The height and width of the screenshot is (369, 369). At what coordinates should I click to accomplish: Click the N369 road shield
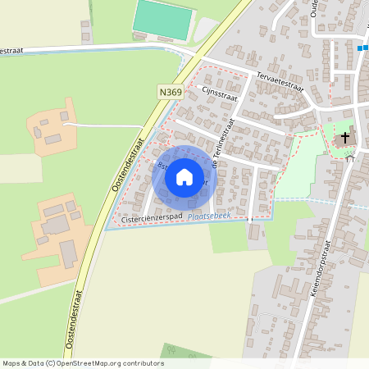(x=170, y=93)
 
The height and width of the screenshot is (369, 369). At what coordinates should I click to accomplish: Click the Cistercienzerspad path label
(x=152, y=219)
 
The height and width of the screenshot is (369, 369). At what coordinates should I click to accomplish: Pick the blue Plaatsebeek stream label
(x=210, y=216)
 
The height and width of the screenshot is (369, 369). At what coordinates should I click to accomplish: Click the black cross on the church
(x=345, y=137)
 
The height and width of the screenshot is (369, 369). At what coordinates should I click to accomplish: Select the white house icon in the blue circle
(x=184, y=177)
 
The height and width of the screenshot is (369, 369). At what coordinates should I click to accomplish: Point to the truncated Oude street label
(x=314, y=11)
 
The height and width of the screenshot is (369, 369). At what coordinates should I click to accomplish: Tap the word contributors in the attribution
(x=143, y=363)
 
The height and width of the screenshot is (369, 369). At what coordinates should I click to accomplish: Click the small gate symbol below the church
(x=349, y=158)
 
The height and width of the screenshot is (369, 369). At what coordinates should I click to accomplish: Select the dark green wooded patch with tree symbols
(x=180, y=354)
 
